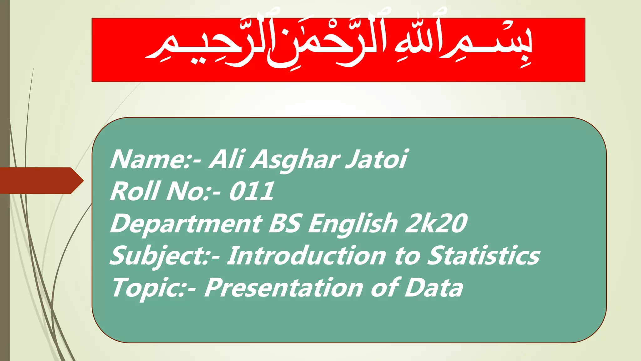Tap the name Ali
[x=226, y=159]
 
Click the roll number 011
[x=252, y=192]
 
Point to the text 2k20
[x=436, y=224]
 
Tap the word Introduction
[x=306, y=256]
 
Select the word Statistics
[x=484, y=256]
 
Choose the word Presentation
[x=284, y=288]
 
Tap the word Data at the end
[x=433, y=288]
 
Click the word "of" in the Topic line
[x=384, y=288]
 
